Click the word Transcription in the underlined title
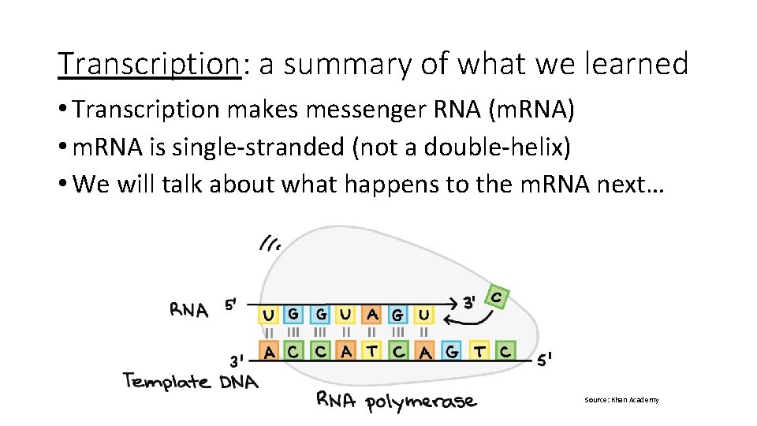coord(148,64)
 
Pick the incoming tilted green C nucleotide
coord(496,298)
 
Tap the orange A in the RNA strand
coord(372,315)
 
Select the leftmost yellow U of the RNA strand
coord(269,316)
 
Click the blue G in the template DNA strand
coord(451,351)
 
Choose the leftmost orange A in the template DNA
coord(270,351)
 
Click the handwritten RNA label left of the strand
coord(189,310)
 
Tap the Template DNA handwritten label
coord(190,383)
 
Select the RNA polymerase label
coord(396,401)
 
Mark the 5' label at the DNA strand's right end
coord(544,360)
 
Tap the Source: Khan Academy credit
coord(621,400)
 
